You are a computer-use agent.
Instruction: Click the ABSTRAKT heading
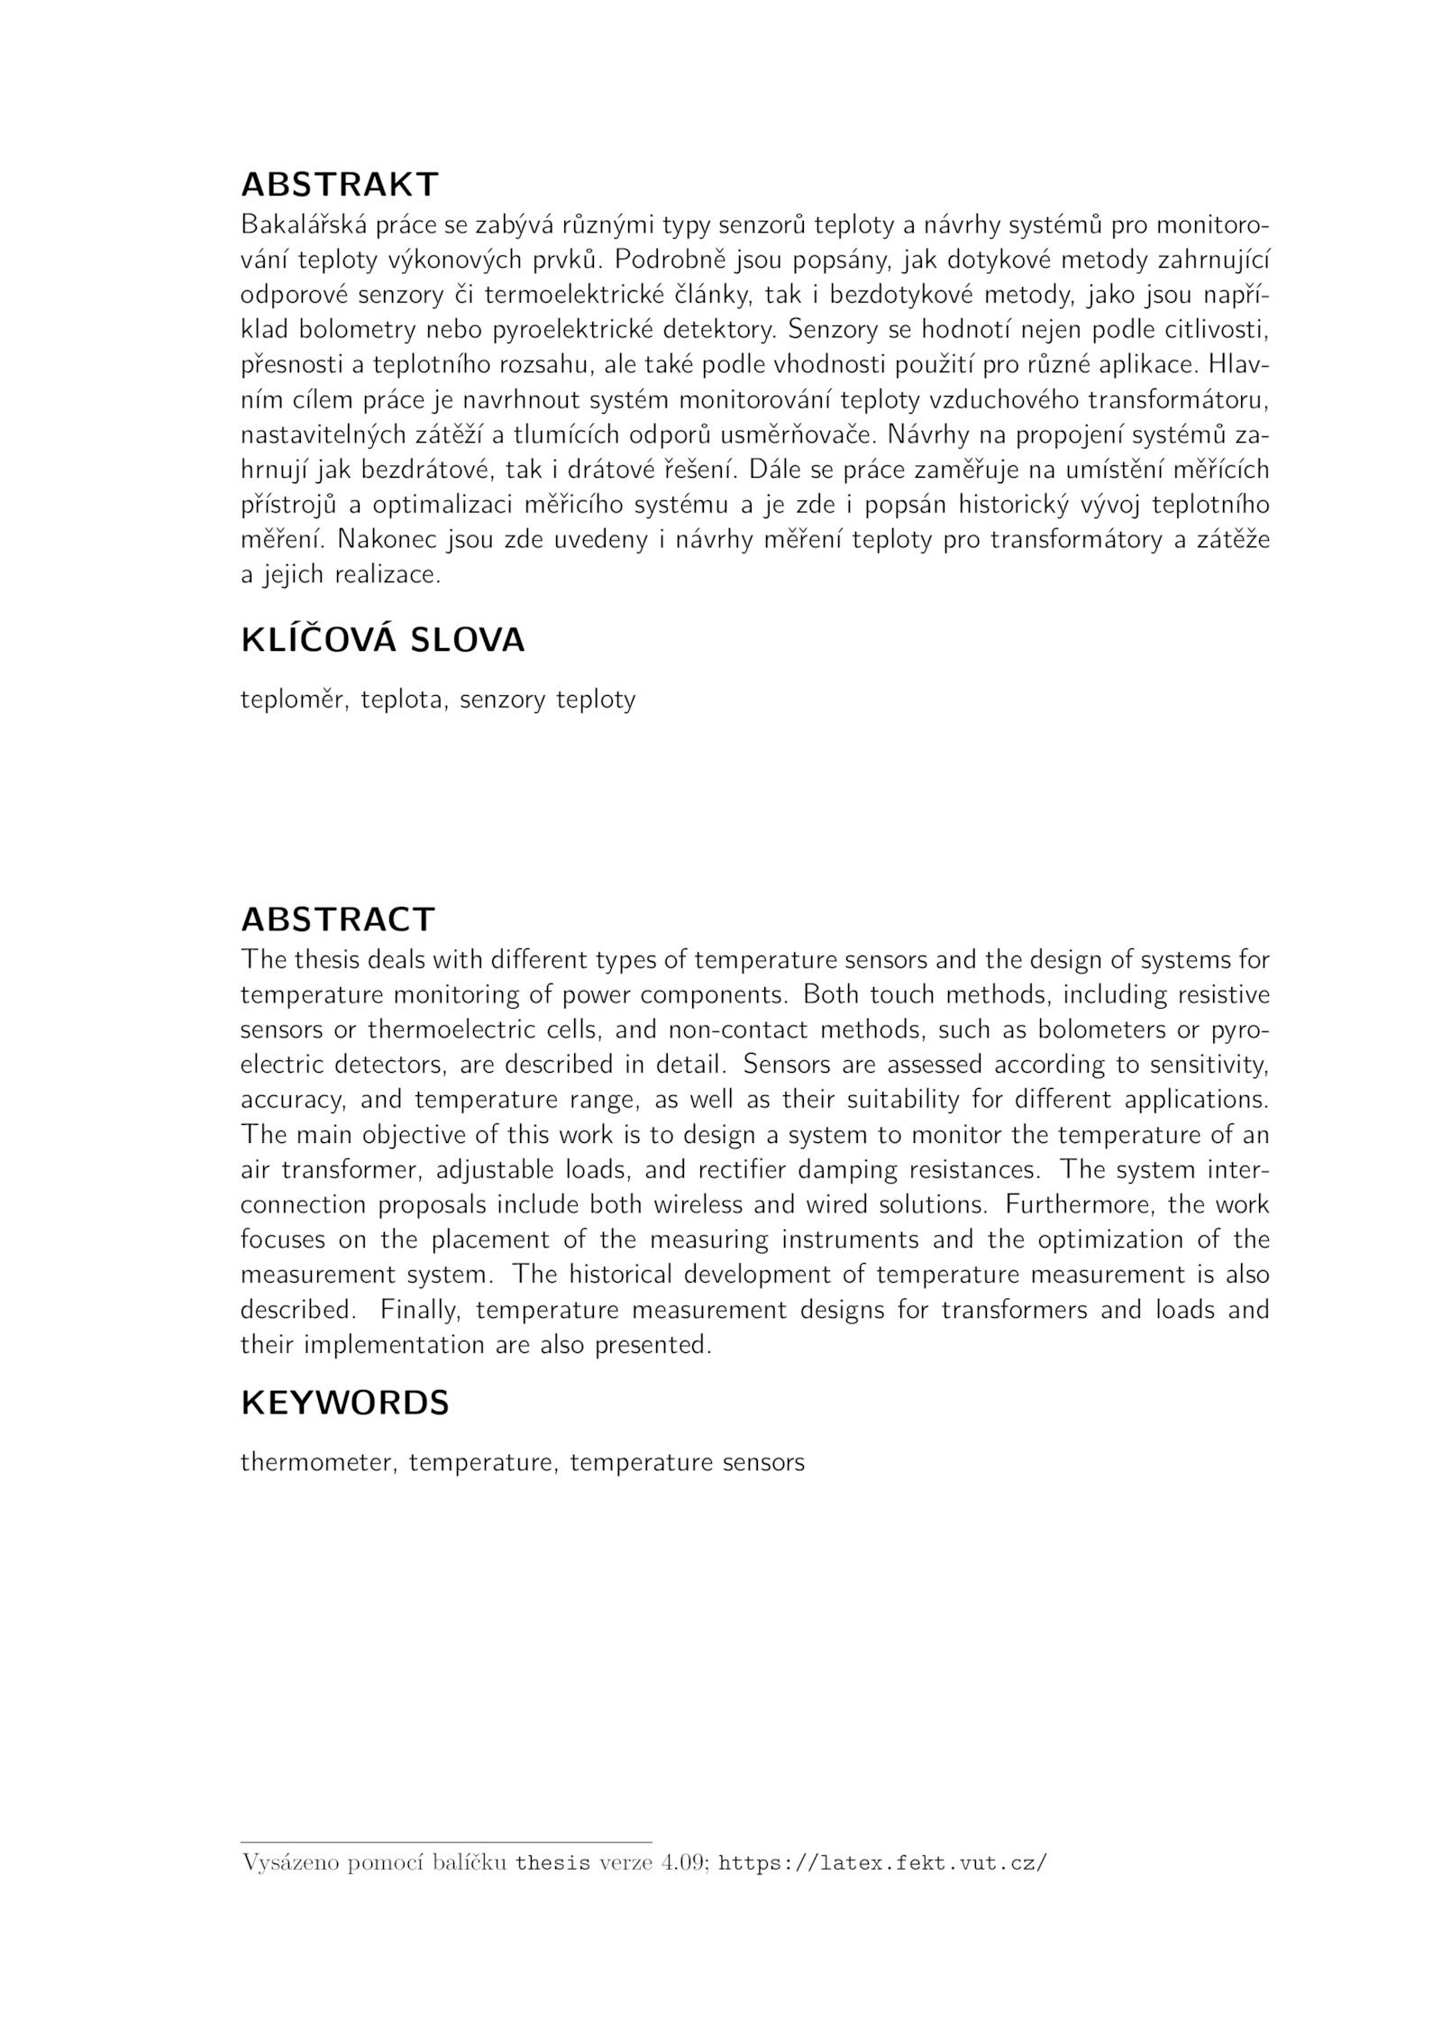pyautogui.click(x=339, y=185)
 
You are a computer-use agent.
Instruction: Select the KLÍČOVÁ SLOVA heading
pyautogui.click(x=382, y=640)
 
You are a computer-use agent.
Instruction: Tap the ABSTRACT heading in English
pyautogui.click(x=338, y=919)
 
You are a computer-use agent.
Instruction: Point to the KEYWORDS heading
pyautogui.click(x=344, y=1403)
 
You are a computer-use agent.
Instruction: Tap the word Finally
pyautogui.click(x=417, y=1310)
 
